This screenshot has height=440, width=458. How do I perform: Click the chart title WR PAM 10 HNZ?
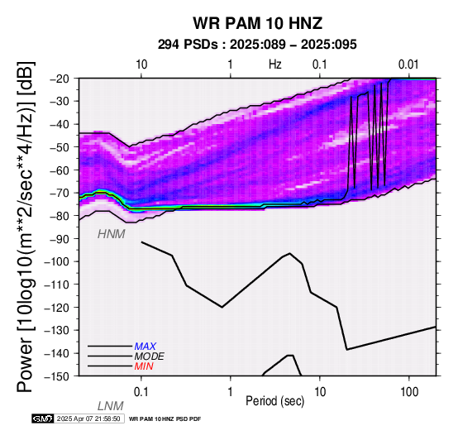257,23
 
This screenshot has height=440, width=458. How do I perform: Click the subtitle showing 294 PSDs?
257,45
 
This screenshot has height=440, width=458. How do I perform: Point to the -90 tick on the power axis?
60,239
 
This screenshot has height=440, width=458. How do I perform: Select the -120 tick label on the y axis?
58,308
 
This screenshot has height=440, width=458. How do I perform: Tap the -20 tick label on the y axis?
60,79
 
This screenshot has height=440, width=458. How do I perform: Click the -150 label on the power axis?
58,376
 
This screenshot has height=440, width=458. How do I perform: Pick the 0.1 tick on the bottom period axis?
141,392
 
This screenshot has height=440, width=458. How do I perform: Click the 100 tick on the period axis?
409,392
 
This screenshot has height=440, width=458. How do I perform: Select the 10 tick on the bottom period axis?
320,392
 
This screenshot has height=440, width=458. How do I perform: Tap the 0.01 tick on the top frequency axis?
408,65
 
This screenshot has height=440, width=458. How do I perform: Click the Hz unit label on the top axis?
275,65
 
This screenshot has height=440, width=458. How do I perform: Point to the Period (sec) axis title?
274,401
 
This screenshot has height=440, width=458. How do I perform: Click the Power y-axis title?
25,227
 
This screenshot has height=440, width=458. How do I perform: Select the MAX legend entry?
146,347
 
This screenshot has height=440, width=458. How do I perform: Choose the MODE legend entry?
150,356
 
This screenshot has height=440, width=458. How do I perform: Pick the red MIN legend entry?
144,366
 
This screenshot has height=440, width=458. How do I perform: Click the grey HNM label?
112,234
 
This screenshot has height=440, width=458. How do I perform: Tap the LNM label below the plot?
111,406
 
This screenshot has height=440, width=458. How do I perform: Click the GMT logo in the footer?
43,418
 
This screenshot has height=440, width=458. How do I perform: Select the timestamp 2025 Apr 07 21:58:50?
88,418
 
